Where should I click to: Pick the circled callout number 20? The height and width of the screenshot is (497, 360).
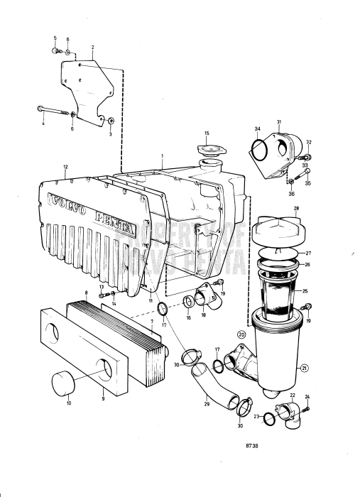coord(241,334)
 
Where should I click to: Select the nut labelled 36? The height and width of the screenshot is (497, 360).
coord(292,191)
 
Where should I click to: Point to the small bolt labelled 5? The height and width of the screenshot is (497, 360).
coord(55,51)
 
